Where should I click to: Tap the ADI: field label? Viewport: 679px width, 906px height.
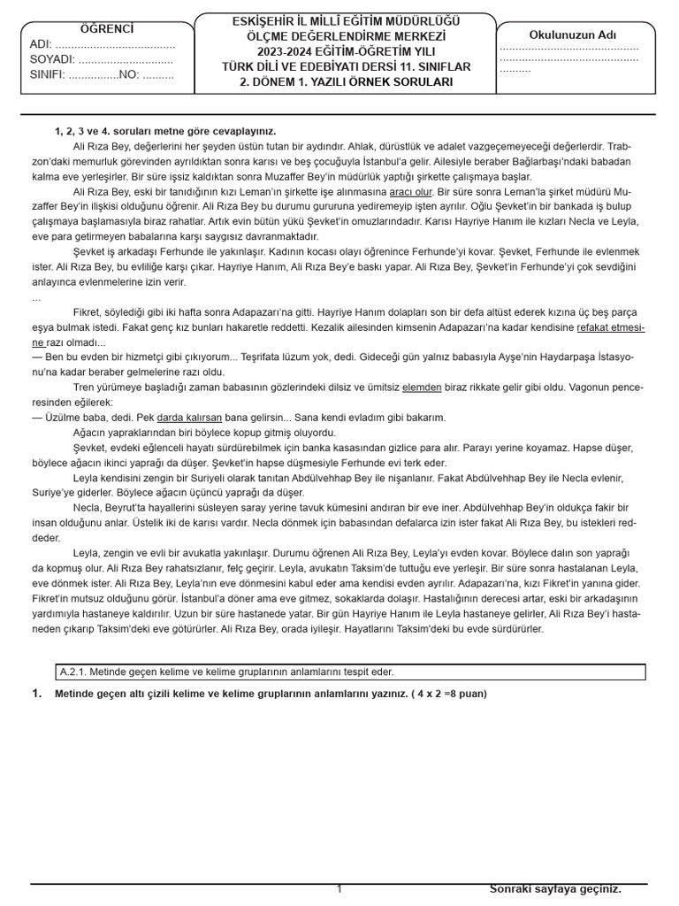(41, 44)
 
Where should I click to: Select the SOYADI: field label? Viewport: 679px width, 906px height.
(51, 59)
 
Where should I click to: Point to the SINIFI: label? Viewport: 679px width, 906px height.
(48, 74)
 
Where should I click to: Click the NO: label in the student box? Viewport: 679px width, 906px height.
(128, 74)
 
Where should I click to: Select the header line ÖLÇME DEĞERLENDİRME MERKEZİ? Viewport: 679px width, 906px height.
(345, 35)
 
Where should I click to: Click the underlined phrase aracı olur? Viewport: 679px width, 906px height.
(410, 191)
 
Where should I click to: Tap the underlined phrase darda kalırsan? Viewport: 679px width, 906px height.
(189, 417)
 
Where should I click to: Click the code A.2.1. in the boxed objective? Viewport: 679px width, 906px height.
(72, 672)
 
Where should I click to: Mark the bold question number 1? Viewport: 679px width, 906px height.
(36, 694)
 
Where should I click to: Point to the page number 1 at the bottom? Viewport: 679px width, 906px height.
(339, 889)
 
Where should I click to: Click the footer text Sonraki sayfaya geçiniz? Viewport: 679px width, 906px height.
(555, 888)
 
